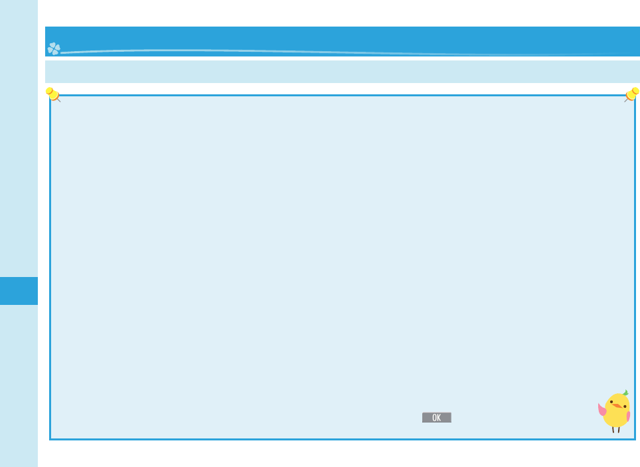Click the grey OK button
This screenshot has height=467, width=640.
point(436,418)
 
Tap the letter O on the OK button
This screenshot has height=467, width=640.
point(434,418)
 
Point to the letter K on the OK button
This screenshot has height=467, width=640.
point(439,418)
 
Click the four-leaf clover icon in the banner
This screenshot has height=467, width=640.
point(54,48)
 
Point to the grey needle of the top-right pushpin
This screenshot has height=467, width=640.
point(626,100)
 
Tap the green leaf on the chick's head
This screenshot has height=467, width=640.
point(625,393)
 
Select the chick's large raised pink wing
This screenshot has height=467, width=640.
point(602,410)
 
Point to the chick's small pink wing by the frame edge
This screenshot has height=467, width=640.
point(628,417)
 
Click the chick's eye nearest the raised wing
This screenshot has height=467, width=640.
point(611,402)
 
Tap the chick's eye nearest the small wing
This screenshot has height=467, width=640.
point(625,403)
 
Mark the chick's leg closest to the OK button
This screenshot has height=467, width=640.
point(613,429)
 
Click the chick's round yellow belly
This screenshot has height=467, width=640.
point(615,417)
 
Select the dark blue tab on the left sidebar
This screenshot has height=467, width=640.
point(19,291)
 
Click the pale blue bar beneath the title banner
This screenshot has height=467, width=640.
point(342,72)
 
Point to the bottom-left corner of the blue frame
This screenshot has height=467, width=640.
point(50,438)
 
